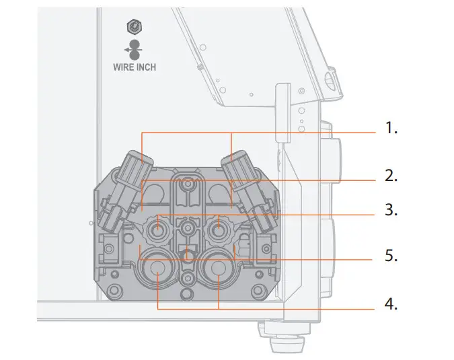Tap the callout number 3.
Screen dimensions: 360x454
(391, 211)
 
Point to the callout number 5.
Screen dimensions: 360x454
(391, 256)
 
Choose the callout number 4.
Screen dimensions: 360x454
(391, 303)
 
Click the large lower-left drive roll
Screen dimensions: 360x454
(157, 268)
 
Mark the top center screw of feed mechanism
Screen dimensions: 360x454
(188, 183)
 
